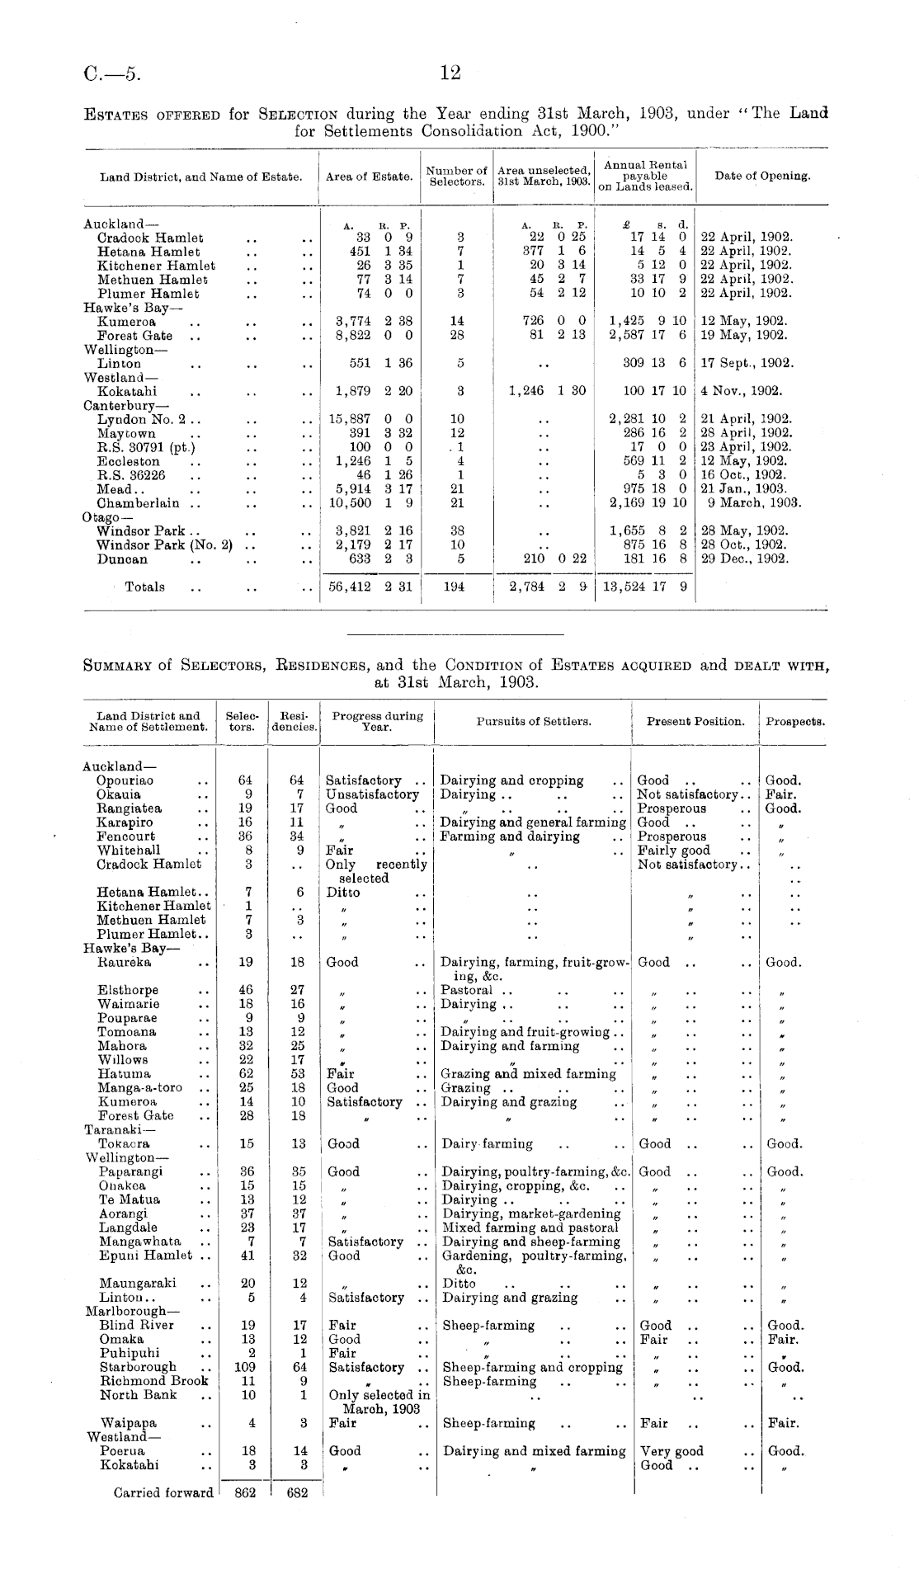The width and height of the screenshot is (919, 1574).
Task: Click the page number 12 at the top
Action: tap(450, 73)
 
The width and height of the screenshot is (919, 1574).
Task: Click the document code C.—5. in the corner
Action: tap(112, 75)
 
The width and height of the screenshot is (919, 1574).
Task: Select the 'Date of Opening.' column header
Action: tap(762, 176)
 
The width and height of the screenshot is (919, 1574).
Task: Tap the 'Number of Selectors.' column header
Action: tap(456, 176)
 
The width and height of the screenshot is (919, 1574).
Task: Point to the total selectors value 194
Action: tap(459, 587)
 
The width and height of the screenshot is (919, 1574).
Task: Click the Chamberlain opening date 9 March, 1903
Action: tap(754, 503)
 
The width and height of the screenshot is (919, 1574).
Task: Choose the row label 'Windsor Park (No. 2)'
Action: tap(164, 545)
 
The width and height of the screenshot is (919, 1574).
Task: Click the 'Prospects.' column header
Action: tap(795, 722)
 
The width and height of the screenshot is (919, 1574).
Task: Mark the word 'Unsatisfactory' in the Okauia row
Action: tap(372, 794)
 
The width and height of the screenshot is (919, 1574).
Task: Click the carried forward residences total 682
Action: tap(295, 1492)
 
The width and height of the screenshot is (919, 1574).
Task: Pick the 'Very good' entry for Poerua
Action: tap(672, 1451)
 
